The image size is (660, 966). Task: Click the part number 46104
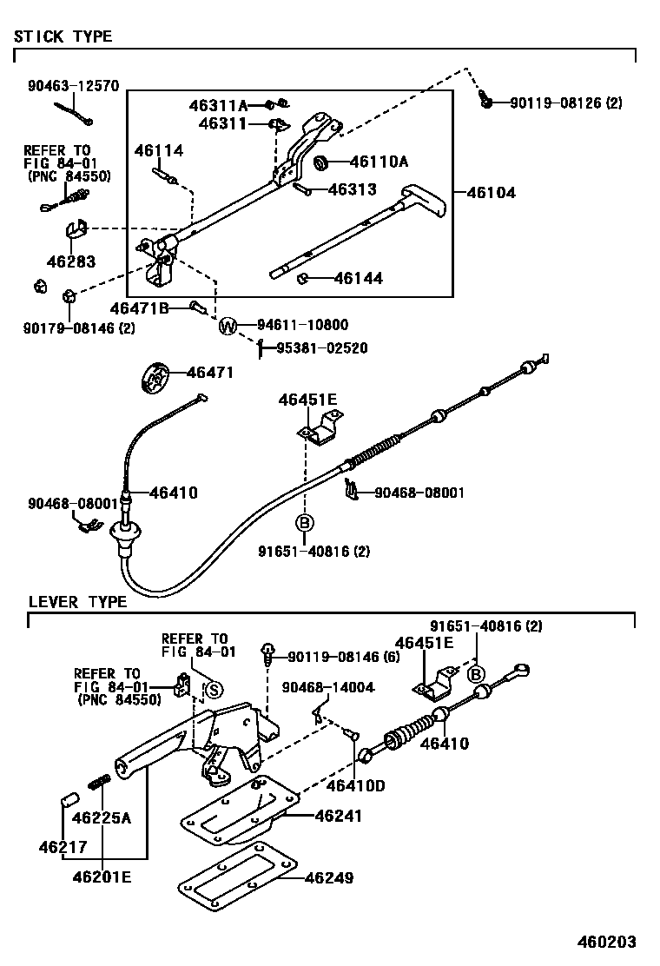[x=492, y=192]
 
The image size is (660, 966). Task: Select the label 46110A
[x=379, y=162]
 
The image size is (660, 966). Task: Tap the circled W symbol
[x=227, y=327]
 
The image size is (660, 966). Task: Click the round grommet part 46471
[x=155, y=378]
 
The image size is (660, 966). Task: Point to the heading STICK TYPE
[x=63, y=36]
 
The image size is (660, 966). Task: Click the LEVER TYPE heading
[x=77, y=601]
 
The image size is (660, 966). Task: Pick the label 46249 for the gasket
[x=329, y=878]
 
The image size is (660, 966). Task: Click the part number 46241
[x=339, y=816]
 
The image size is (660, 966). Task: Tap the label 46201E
[x=102, y=877]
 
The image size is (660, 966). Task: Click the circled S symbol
[x=214, y=690]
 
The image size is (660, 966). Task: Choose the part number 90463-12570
[x=73, y=86]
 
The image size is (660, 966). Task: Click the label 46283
[x=71, y=260]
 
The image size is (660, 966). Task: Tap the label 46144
[x=358, y=279]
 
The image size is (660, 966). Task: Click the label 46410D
[x=355, y=786]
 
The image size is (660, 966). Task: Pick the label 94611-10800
[x=302, y=326]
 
